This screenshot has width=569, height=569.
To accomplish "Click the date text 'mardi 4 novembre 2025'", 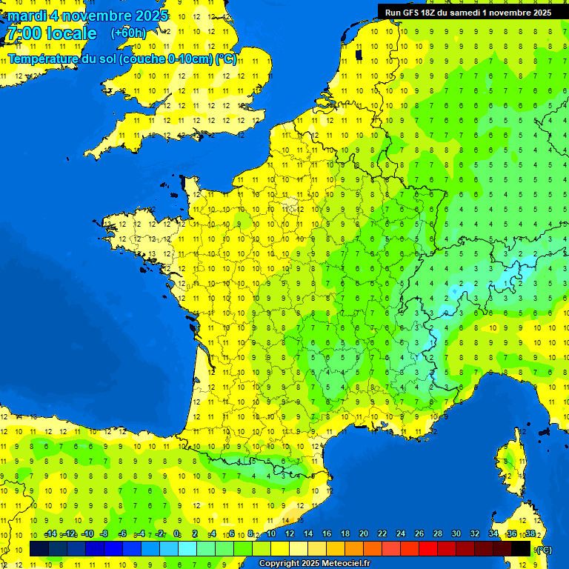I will (x=87, y=16).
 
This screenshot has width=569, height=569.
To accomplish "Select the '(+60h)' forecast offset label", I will (x=128, y=33).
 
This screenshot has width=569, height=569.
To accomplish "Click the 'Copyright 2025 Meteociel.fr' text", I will (x=314, y=564).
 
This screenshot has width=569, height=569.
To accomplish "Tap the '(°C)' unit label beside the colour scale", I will (x=544, y=549).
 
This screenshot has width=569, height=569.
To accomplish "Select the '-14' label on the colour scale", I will (x=50, y=533).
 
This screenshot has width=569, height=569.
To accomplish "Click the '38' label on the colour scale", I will (x=530, y=533).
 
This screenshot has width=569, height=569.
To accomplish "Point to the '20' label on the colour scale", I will (x=364, y=533).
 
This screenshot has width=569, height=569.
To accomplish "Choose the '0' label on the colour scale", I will (x=176, y=533).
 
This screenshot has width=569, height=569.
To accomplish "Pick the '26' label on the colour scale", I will (x=419, y=533).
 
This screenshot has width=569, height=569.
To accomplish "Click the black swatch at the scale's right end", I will (x=522, y=548).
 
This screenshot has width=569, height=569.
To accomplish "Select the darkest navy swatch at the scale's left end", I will (x=39, y=548).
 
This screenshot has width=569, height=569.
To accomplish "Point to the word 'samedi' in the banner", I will (x=463, y=12).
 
